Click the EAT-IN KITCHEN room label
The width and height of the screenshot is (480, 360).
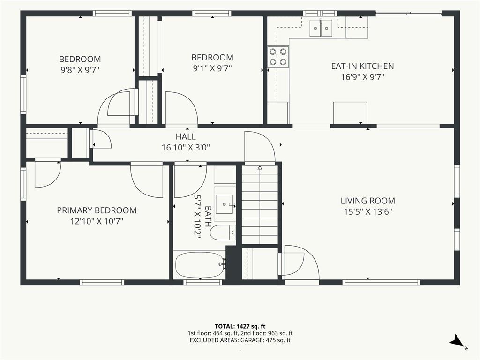(x=362, y=66)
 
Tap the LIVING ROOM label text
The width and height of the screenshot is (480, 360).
(x=367, y=201)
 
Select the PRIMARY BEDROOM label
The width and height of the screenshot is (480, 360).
(x=97, y=210)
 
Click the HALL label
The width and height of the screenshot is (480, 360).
(x=186, y=136)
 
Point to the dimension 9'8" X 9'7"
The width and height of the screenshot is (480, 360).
(x=80, y=70)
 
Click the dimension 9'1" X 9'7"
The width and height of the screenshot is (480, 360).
(x=212, y=68)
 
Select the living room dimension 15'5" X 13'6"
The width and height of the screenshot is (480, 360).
(x=367, y=212)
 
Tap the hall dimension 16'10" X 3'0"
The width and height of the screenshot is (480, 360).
(x=186, y=148)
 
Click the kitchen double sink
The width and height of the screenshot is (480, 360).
(x=321, y=28)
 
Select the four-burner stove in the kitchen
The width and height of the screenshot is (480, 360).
(x=278, y=57)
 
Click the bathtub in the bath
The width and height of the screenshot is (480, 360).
(x=200, y=264)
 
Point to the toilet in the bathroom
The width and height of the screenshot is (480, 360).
(x=223, y=233)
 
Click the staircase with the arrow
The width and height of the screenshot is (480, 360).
(x=260, y=204)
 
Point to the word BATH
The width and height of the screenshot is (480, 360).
(x=208, y=217)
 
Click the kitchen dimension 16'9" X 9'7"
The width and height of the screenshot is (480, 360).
(x=362, y=77)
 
